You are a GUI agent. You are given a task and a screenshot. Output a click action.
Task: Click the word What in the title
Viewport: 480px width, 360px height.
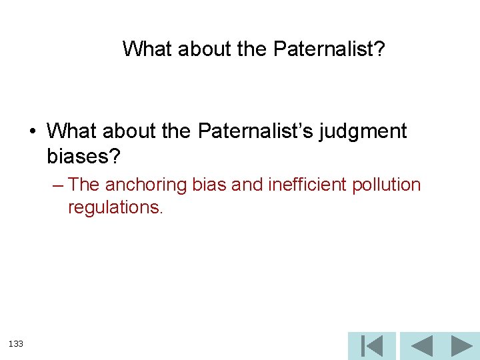pos(147,49)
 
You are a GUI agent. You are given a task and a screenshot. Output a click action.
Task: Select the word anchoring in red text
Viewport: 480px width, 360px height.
pos(145,185)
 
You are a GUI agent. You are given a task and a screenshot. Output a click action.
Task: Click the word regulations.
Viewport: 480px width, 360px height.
pos(115,207)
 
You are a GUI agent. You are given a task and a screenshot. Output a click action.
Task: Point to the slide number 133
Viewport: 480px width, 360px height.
pos(16,343)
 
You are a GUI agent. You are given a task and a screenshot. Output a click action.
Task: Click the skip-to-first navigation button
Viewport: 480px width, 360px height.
pos(371,346)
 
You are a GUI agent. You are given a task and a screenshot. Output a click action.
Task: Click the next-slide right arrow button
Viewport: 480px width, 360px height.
pos(461,346)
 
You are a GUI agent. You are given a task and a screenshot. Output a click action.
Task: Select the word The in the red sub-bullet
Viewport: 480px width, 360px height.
pos(84,185)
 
